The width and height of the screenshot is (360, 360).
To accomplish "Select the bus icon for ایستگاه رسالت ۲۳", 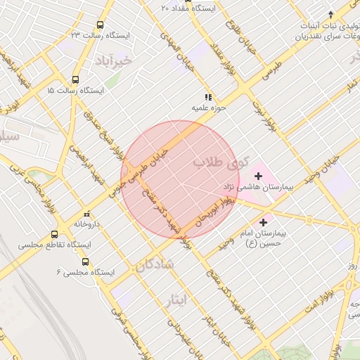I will pos(101,25).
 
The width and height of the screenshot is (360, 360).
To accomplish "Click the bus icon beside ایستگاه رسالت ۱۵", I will pos(75,80).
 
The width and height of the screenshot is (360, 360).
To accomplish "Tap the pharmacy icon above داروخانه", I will pos(87,214).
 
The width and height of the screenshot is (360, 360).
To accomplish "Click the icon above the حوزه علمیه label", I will pos(207,97).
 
